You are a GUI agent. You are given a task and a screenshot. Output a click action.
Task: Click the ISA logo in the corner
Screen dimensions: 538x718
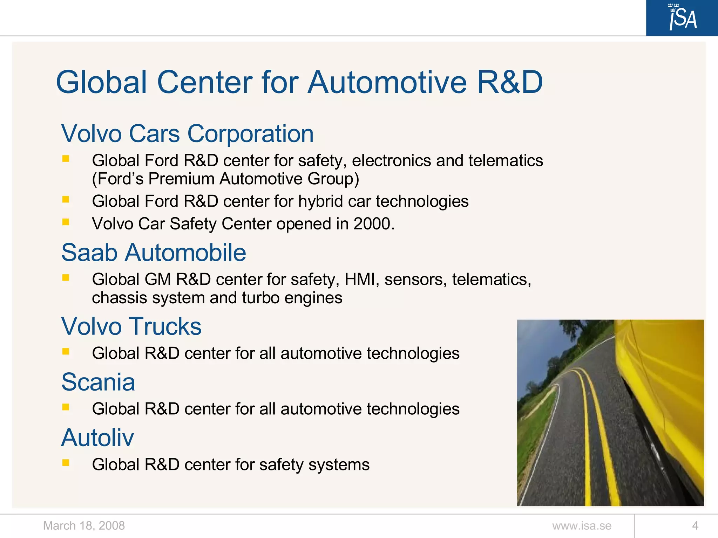coord(682,18)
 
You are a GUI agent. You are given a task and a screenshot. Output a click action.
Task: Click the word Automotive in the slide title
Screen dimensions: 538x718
coord(387,83)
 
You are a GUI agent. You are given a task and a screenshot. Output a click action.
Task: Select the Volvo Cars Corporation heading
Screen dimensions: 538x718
coord(187,134)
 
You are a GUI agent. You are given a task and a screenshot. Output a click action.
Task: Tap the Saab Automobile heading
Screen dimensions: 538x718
coord(154,253)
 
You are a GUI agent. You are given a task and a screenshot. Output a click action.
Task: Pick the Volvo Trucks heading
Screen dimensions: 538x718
coord(131,326)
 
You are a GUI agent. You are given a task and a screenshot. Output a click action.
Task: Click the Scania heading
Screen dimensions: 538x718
coord(98,382)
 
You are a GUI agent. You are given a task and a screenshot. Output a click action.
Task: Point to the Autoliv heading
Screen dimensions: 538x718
coord(97,438)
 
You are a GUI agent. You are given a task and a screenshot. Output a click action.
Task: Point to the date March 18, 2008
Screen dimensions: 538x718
coord(84,526)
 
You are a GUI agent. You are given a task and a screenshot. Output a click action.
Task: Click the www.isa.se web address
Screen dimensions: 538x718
coord(582,526)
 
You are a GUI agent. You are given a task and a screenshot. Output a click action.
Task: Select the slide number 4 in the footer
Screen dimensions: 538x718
coord(695,526)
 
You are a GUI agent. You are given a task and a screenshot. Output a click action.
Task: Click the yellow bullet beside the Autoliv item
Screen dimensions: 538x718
coord(66,463)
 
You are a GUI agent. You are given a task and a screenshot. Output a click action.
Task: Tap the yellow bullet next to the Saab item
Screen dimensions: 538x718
coord(66,277)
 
